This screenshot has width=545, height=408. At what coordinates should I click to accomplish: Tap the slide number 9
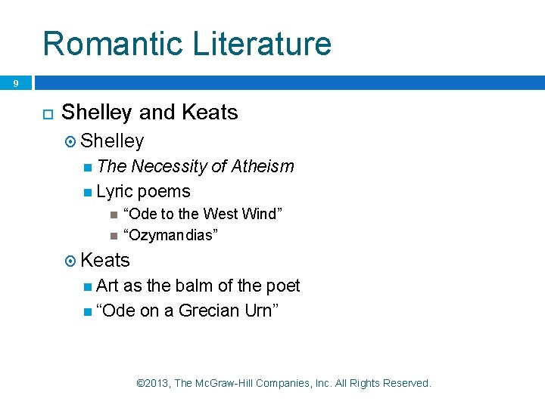click(15, 83)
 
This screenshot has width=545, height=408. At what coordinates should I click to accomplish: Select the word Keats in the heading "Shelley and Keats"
click(209, 113)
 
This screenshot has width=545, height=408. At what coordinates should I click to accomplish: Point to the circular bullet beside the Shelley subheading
click(70, 141)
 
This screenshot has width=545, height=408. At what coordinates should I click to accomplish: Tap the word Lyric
click(115, 191)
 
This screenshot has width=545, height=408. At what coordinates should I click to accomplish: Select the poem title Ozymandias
click(171, 235)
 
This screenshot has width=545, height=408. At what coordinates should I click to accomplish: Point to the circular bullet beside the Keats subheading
click(70, 261)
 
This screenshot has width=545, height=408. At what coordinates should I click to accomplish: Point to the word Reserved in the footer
click(406, 384)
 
